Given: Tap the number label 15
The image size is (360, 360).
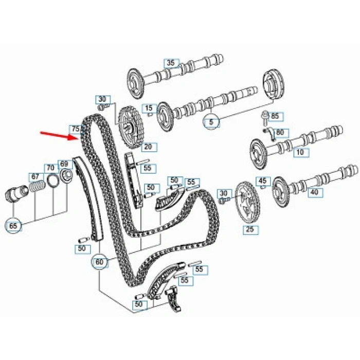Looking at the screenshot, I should pyautogui.click(x=150, y=108).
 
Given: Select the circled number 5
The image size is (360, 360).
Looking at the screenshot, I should pyautogui.click(x=211, y=122).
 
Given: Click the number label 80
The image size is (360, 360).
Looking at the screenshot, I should pyautogui.click(x=280, y=132).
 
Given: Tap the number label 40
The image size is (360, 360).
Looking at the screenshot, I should pyautogui.click(x=314, y=193).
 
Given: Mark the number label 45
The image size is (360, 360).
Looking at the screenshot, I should pyautogui.click(x=263, y=181).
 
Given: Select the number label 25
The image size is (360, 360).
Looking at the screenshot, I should pyautogui.click(x=249, y=229).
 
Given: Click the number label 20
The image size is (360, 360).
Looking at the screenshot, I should pyautogui.click(x=148, y=147).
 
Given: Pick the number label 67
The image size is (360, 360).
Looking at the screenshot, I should pyautogui.click(x=35, y=177).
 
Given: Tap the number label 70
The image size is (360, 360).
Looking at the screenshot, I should pyautogui.click(x=50, y=168).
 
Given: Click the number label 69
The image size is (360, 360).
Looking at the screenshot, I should pyautogui.click(x=64, y=164).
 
